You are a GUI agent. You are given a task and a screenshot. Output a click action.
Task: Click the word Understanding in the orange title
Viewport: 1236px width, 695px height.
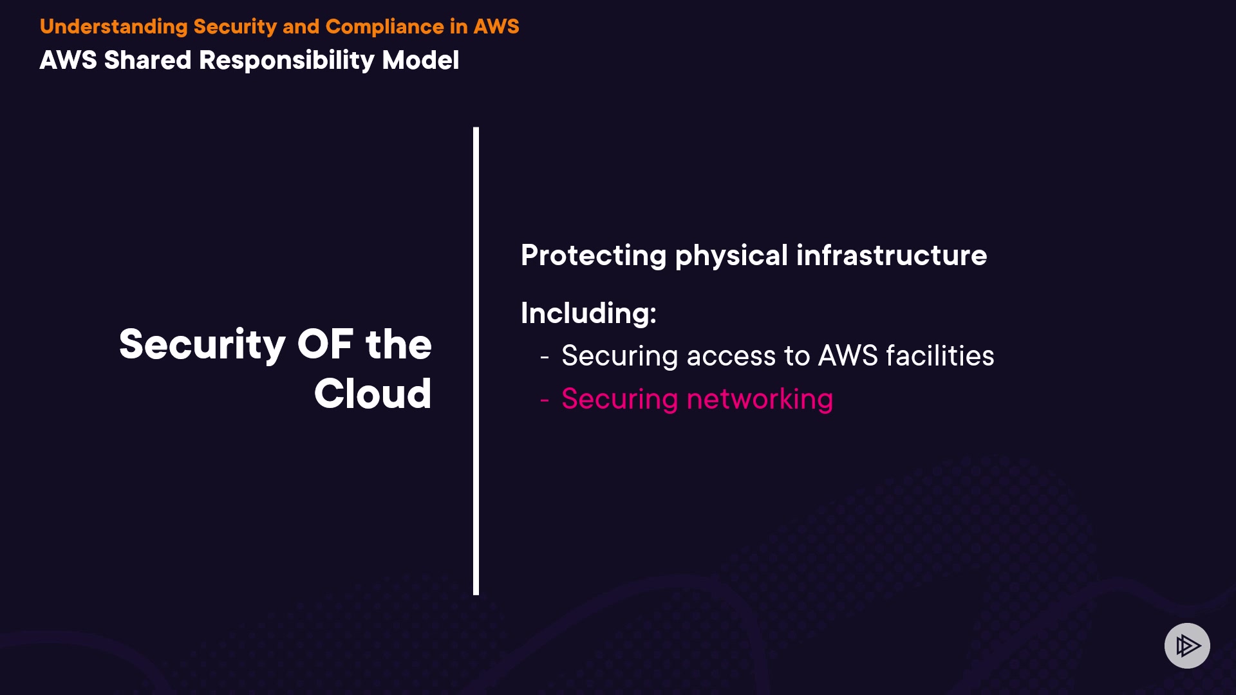pyautogui.click(x=113, y=26)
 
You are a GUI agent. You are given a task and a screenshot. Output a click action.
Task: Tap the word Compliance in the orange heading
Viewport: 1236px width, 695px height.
pyautogui.click(x=384, y=26)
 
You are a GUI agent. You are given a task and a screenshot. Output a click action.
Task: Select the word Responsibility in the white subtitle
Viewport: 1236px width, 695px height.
pyautogui.click(x=286, y=60)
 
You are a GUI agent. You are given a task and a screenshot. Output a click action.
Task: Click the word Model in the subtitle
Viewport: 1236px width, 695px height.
pyautogui.click(x=420, y=60)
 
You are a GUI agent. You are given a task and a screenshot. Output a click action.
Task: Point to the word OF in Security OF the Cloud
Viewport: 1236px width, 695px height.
pyautogui.click(x=325, y=344)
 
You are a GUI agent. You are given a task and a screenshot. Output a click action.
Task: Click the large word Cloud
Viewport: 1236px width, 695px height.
pyautogui.click(x=373, y=393)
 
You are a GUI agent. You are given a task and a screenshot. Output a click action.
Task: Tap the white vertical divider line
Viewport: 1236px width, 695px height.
pyautogui.click(x=476, y=360)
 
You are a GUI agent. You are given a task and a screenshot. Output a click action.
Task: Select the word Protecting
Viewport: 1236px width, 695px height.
pyautogui.click(x=593, y=255)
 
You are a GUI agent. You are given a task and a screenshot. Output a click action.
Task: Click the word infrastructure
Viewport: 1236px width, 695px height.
pyautogui.click(x=892, y=255)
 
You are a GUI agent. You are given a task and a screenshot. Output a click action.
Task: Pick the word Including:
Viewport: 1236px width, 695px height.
pyautogui.click(x=588, y=313)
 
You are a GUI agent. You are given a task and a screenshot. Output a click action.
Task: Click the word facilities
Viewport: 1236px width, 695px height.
pyautogui.click(x=940, y=356)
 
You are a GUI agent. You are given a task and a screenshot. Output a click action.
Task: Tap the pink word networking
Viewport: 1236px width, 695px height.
pyautogui.click(x=760, y=399)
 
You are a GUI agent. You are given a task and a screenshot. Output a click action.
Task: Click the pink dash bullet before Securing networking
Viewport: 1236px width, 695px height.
pyautogui.click(x=545, y=400)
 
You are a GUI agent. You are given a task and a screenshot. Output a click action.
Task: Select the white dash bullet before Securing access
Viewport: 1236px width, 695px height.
pyautogui.click(x=545, y=357)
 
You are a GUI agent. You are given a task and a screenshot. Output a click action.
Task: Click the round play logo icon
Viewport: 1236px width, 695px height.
pyautogui.click(x=1187, y=645)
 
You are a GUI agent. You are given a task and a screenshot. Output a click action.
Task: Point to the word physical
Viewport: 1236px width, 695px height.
pyautogui.click(x=731, y=255)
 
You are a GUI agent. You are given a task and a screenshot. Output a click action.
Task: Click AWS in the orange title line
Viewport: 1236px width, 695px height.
pyautogui.click(x=496, y=26)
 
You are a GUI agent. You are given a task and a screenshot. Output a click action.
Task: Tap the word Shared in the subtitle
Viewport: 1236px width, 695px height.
pyautogui.click(x=148, y=60)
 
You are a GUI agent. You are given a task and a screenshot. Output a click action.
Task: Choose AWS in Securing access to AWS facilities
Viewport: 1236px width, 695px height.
pyautogui.click(x=848, y=356)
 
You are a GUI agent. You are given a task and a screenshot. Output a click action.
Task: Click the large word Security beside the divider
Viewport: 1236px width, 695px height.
pyautogui.click(x=202, y=344)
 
